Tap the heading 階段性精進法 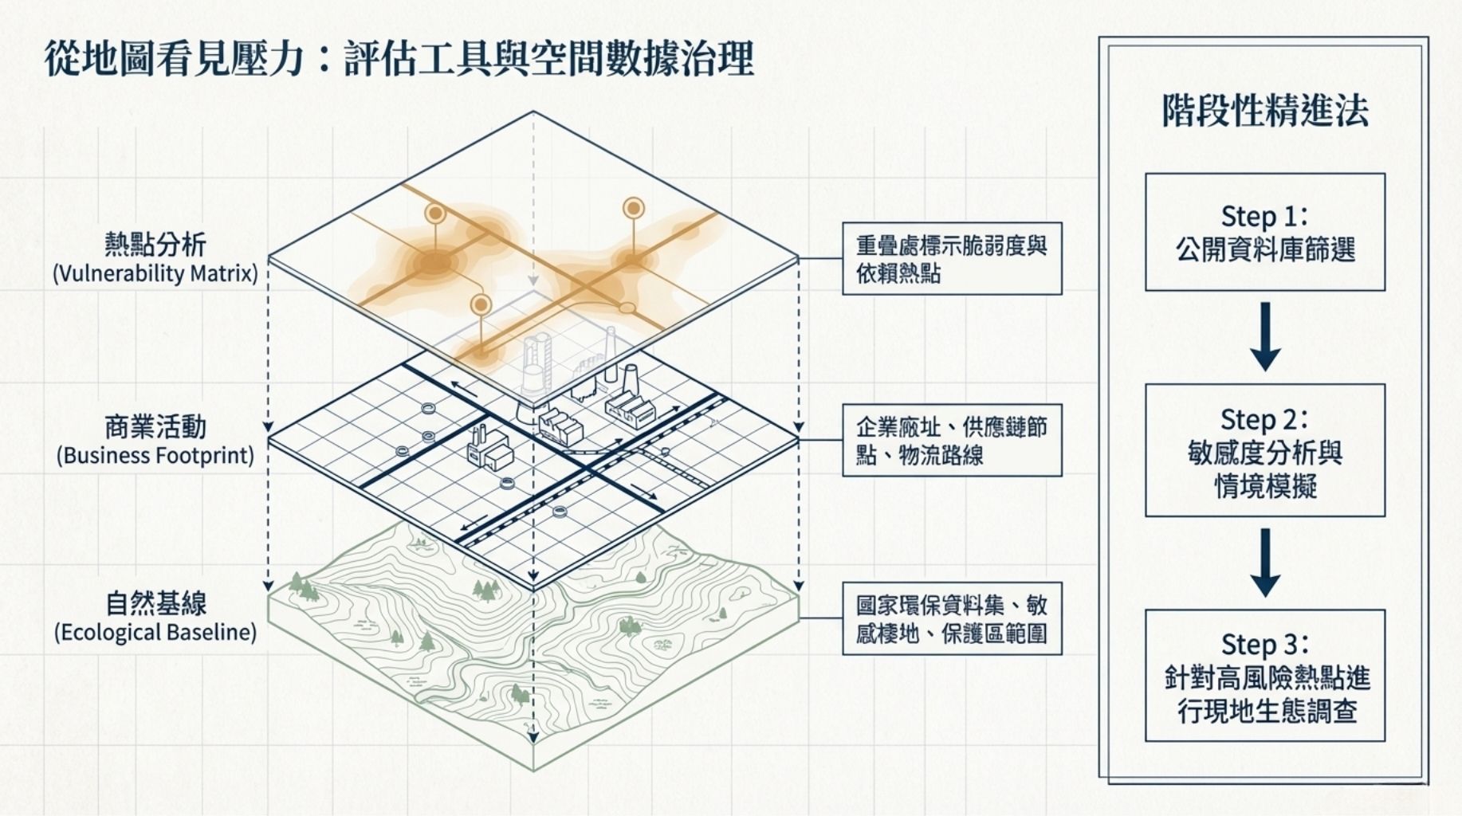[1264, 111]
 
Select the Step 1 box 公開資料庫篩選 [1264, 232]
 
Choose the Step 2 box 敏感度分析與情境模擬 [1264, 451]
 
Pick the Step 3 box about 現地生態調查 [1264, 677]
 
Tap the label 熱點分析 [155, 244]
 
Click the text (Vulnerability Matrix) [155, 274]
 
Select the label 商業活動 [155, 427]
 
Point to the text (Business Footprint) [155, 456]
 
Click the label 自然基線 [155, 603]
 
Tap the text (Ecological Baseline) [155, 633]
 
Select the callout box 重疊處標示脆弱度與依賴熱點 [952, 259]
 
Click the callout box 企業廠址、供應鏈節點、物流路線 [952, 441]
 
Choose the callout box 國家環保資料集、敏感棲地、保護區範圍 [952, 619]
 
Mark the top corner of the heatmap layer [533, 112]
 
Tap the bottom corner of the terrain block [533, 770]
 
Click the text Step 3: [1264, 644]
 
